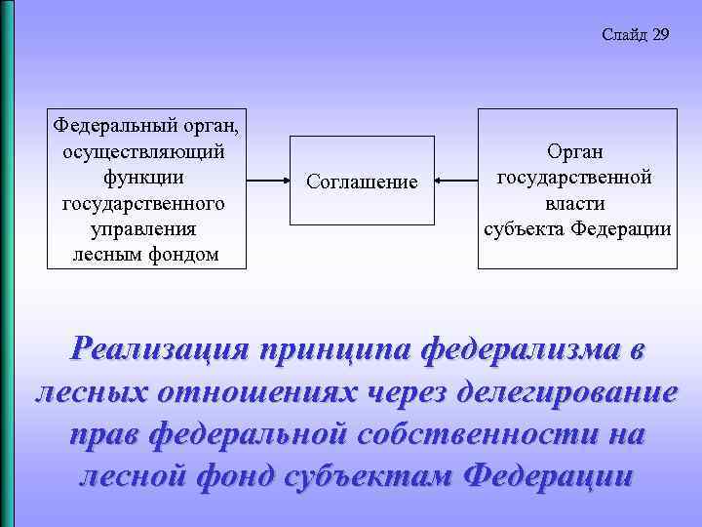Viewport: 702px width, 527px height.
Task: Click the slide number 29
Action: point(660,35)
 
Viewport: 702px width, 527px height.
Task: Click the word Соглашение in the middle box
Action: point(362,182)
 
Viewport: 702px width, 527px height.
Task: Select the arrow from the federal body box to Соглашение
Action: point(267,181)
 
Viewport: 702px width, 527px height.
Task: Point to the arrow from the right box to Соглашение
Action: point(455,181)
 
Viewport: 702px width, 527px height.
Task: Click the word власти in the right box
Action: point(575,203)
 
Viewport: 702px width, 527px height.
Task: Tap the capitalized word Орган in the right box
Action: point(575,151)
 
